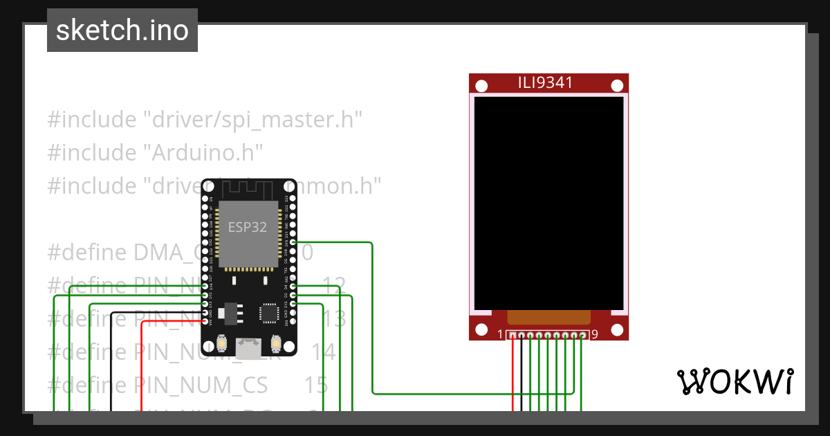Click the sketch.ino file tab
pyautogui.click(x=122, y=30)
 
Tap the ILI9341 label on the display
pyautogui.click(x=546, y=83)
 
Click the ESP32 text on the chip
pyautogui.click(x=248, y=228)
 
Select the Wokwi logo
pyautogui.click(x=735, y=381)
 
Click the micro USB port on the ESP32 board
pyautogui.click(x=248, y=348)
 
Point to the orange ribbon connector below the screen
pyautogui.click(x=549, y=318)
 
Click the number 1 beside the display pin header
pyautogui.click(x=500, y=335)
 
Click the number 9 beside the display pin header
pyautogui.click(x=595, y=335)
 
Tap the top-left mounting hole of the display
pyautogui.click(x=481, y=86)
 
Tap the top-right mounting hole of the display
pyautogui.click(x=617, y=86)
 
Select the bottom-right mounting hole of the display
pyautogui.click(x=617, y=329)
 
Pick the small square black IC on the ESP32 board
pyautogui.click(x=268, y=314)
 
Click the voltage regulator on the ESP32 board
pyautogui.click(x=229, y=314)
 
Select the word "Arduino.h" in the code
pyautogui.click(x=203, y=152)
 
